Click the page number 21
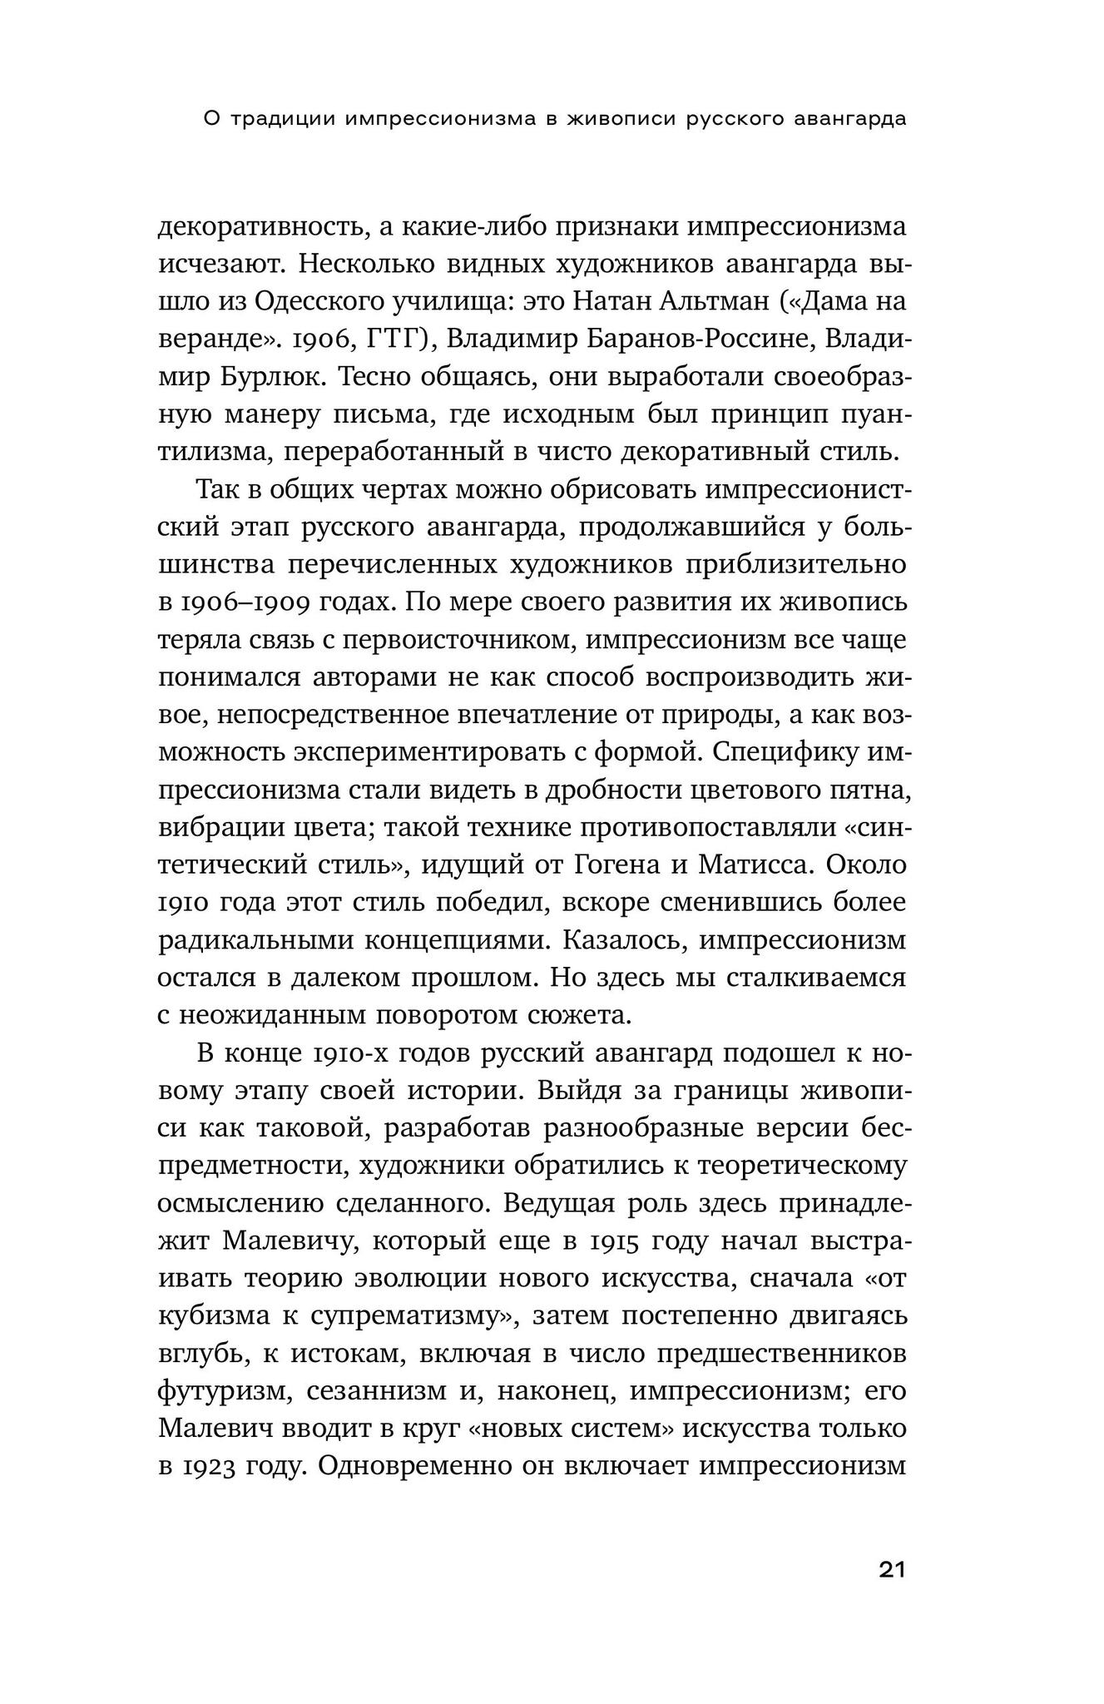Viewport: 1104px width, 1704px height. pyautogui.click(x=891, y=1570)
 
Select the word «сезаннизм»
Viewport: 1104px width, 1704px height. pyautogui.click(x=378, y=1391)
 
